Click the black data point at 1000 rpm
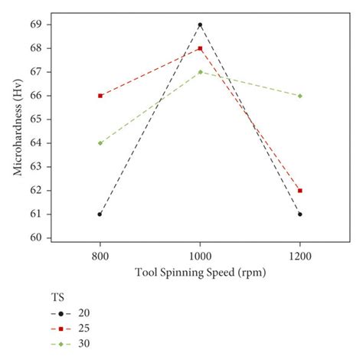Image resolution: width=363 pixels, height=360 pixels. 200,25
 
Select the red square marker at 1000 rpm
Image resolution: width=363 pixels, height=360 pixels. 200,48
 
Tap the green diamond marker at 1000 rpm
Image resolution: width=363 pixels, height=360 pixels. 200,72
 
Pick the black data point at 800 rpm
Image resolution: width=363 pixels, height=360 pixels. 100,214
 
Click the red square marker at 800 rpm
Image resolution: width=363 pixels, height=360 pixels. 100,96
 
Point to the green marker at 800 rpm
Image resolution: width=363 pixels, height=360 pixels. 100,143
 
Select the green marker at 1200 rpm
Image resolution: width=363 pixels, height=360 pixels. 300,96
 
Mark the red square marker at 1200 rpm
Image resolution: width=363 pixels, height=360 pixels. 300,191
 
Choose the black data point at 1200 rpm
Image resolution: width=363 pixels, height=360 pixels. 300,214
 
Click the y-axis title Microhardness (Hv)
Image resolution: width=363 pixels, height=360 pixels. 18,132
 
